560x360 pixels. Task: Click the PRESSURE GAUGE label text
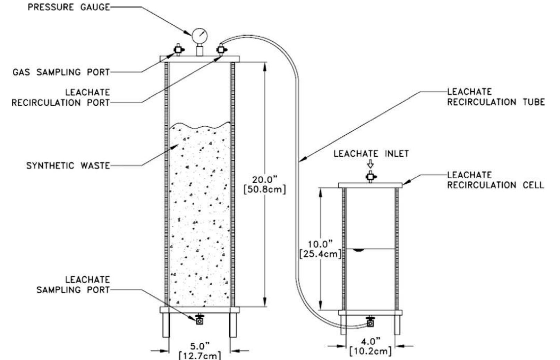[x=69, y=7]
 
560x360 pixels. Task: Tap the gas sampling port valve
[x=178, y=50]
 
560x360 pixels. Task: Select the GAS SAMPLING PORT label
[x=61, y=72]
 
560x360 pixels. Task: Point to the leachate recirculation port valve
[x=220, y=50]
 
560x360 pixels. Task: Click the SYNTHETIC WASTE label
[x=68, y=166]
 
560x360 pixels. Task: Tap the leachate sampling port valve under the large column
[x=200, y=320]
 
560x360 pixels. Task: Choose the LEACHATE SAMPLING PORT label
[x=74, y=285]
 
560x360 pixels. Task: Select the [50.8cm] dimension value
[x=265, y=190]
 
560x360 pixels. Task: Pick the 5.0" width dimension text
[x=200, y=346]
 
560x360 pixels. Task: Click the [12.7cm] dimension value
[x=200, y=356]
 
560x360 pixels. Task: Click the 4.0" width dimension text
[x=371, y=341]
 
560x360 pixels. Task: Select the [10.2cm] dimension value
[x=371, y=351]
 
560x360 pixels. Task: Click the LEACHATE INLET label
[x=371, y=153]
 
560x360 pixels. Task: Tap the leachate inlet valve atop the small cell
[x=371, y=177]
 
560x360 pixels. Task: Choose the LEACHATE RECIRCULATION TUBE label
[x=496, y=97]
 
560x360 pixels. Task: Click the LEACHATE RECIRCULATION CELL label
[x=495, y=180]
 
